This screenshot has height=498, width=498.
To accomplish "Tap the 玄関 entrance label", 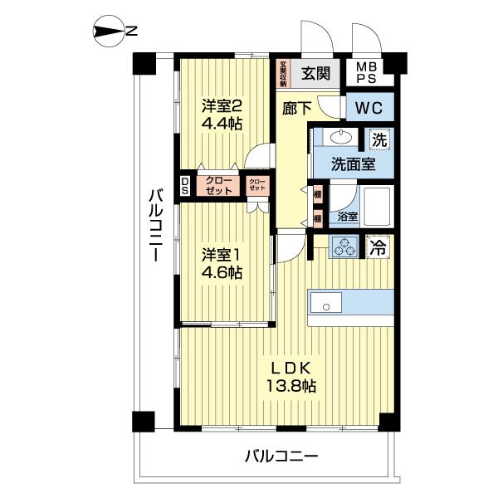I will tap(314, 71).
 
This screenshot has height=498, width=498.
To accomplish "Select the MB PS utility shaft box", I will tap(367, 72).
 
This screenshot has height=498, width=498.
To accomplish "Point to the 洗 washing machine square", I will tap(378, 139).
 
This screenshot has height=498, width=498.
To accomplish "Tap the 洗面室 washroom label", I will tap(354, 164).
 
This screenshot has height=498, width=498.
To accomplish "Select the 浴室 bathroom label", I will tap(349, 217).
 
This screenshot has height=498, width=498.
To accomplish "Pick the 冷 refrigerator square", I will tap(378, 246).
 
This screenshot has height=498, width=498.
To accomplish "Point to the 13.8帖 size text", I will tap(290, 385).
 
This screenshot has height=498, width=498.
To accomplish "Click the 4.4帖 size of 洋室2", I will tap(222, 124).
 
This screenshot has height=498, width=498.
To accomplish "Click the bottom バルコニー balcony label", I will tap(281, 456).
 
